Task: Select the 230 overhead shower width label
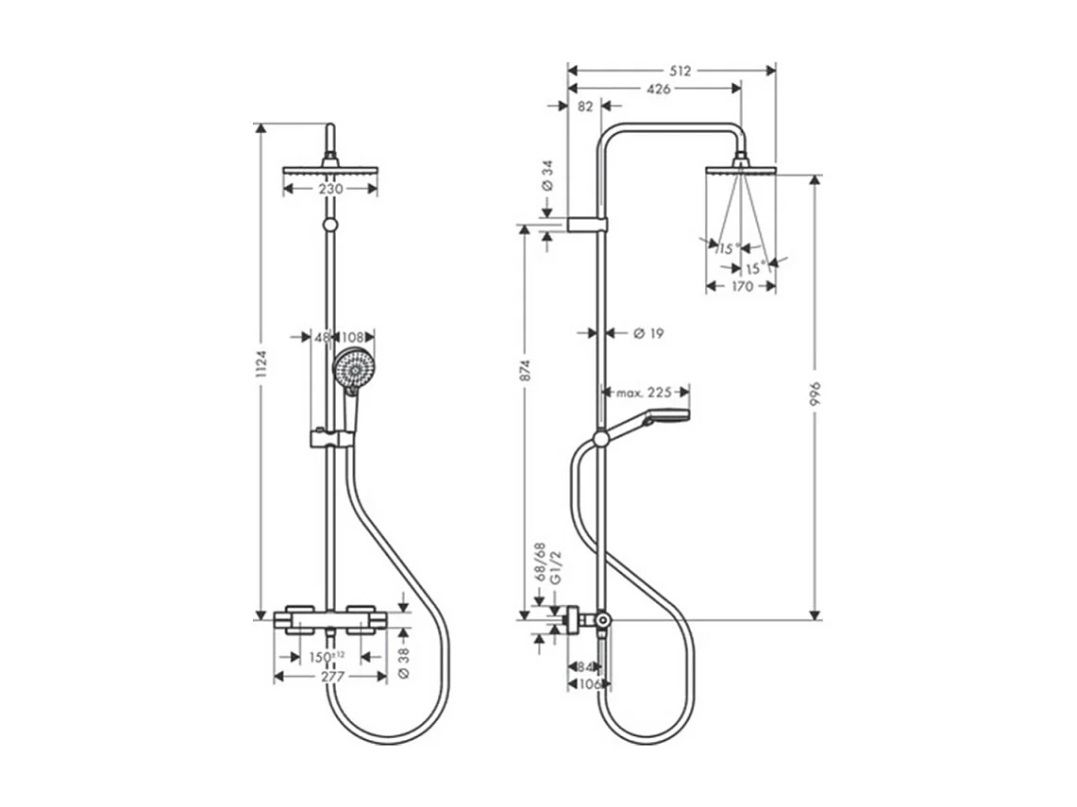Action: [x=330, y=189]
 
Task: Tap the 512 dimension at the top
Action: [x=681, y=71]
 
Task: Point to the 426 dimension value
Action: [x=658, y=89]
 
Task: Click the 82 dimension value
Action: [x=584, y=107]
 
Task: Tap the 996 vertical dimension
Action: [x=816, y=396]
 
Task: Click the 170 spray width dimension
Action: [x=742, y=286]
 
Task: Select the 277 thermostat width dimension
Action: [x=330, y=677]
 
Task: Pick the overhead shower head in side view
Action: [x=741, y=171]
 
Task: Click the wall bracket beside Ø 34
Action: [x=587, y=225]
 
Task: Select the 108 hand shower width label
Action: [x=353, y=336]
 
